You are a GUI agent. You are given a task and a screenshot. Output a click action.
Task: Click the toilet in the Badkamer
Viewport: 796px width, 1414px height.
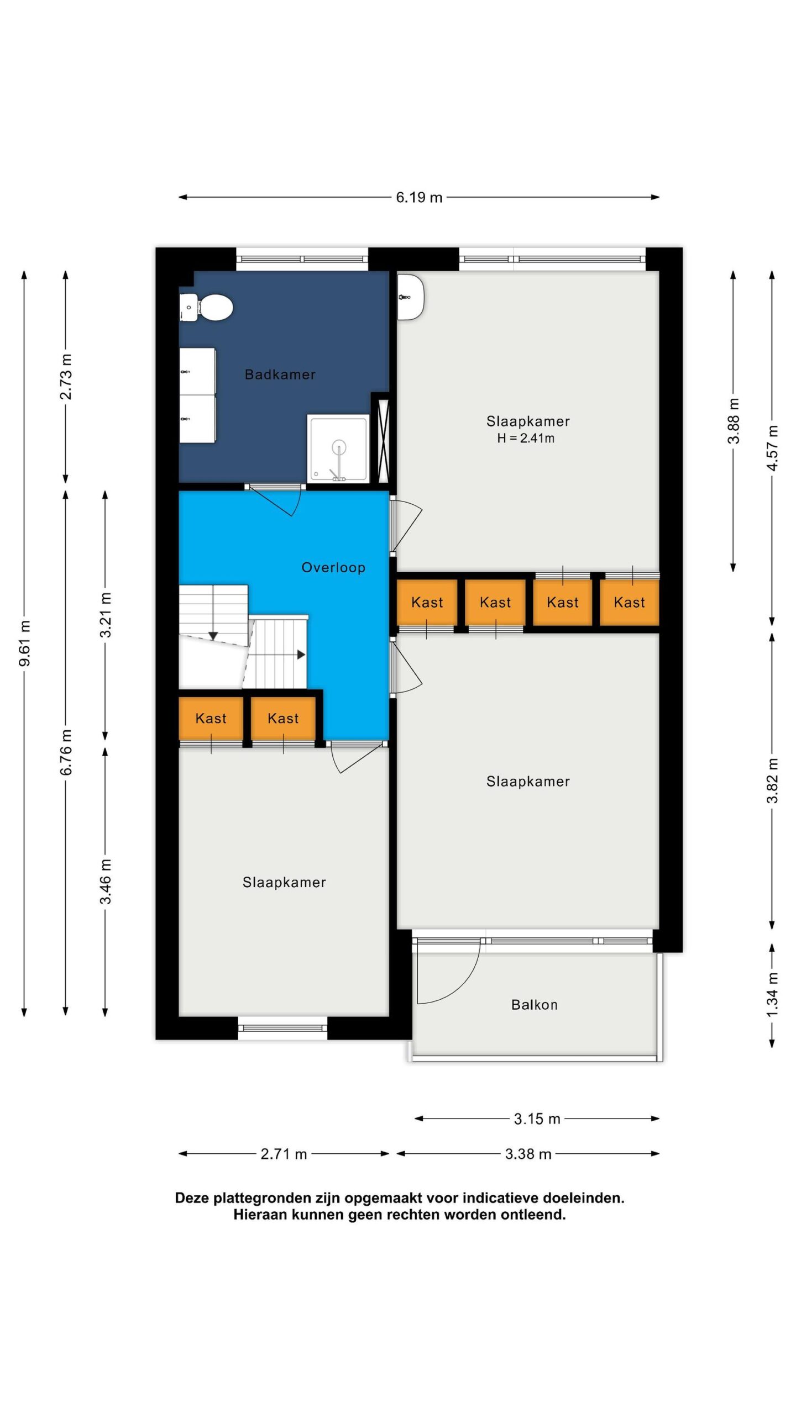point(206,307)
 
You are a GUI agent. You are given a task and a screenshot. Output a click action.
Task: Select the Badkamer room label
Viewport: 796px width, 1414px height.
point(280,374)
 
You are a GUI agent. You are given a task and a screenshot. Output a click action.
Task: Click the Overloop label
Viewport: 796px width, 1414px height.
point(333,567)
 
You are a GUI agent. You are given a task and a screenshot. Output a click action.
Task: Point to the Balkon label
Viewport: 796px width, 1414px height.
point(535,1005)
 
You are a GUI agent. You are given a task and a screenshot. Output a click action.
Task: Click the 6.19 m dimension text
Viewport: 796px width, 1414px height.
point(419,197)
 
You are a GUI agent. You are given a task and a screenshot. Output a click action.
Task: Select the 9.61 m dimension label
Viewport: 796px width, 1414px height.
point(25,643)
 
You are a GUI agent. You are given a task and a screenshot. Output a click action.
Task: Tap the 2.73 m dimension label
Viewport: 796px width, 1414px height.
point(66,377)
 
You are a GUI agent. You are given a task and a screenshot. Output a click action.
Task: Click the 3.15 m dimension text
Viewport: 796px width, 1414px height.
point(537,1119)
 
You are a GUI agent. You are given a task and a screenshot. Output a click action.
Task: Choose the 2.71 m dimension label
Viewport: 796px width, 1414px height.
point(284,1154)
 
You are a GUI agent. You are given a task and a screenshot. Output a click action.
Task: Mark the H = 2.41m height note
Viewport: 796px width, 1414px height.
point(526,439)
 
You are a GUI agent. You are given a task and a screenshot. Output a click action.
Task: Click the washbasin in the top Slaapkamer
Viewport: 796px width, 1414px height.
point(410,297)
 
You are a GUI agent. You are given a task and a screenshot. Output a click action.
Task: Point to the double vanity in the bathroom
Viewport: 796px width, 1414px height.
point(197,395)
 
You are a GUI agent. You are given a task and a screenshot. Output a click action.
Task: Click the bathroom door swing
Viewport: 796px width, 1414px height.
point(276,502)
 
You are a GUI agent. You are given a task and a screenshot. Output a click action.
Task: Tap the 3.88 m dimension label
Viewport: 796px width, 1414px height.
point(734,421)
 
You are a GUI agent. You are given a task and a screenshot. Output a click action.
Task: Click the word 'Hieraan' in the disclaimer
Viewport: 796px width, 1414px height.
point(260,1215)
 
